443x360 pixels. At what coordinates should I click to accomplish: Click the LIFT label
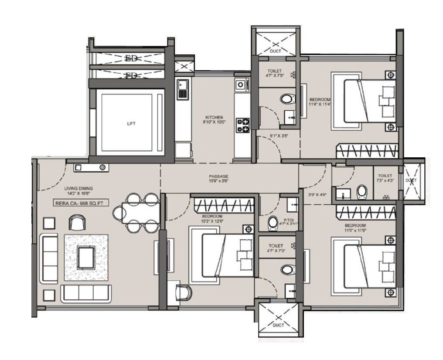131,123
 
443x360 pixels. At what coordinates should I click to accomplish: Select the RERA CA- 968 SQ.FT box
81,202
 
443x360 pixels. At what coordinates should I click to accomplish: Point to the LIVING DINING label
78,189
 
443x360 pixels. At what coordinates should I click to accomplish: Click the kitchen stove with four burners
242,125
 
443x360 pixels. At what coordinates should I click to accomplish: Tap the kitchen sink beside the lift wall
181,89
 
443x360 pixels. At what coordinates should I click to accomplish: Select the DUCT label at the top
275,51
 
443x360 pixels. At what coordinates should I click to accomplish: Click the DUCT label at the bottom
278,325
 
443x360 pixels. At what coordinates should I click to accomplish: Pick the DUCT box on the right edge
412,180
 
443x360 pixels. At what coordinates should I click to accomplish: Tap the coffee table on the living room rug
86,257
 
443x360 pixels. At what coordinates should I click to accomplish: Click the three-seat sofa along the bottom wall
86,293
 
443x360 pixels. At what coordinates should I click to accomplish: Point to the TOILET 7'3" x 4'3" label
385,178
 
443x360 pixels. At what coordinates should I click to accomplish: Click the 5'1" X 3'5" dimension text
279,136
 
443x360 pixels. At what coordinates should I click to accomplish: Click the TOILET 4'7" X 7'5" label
275,73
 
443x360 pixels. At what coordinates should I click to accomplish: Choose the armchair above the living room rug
77,222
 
